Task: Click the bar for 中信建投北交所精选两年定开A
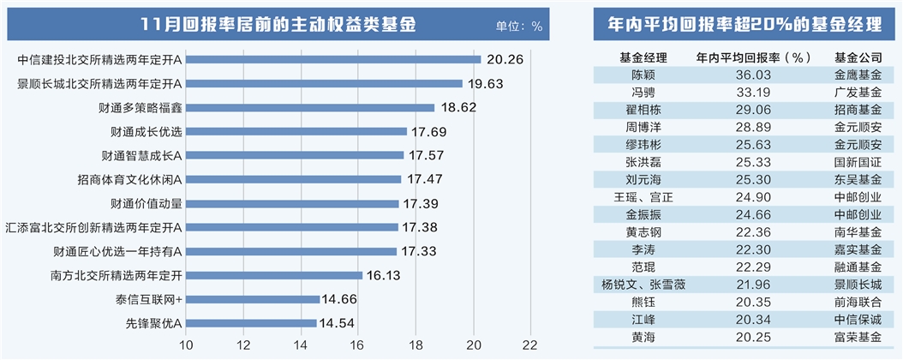click(333, 59)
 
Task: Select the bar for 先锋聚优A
click(251, 322)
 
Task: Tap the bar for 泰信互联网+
click(253, 299)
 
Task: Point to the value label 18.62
click(457, 108)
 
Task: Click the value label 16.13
click(385, 275)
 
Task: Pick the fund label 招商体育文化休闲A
click(129, 179)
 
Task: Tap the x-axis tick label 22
click(532, 345)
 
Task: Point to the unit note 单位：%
click(518, 26)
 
